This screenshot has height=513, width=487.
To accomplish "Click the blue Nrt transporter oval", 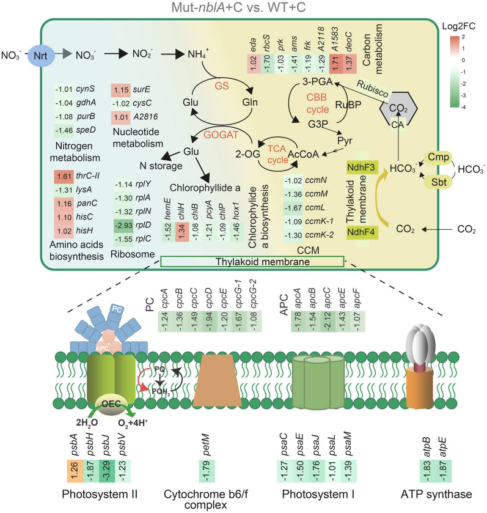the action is point(40,55).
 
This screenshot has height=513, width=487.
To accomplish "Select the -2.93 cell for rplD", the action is point(124,226).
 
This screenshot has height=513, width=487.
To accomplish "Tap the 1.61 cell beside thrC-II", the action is point(64,177).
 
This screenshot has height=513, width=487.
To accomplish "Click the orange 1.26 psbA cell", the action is point(75,471).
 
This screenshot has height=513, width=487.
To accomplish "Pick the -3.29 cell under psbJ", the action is point(106,471).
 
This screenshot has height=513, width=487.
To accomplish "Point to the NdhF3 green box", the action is point(361,168).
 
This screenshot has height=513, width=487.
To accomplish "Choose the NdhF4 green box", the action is point(361,232).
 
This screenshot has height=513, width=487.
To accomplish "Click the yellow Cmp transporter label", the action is point(438,157).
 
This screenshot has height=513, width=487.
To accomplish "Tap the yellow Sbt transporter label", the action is point(438,182).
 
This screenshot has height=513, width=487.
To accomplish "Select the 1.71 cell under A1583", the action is point(335,64).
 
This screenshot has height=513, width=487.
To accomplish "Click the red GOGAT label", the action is point(221,135).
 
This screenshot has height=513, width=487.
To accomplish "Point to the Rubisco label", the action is point(373,89).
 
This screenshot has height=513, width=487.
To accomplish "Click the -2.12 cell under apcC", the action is point(328,321).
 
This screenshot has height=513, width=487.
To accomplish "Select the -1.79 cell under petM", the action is point(207,471).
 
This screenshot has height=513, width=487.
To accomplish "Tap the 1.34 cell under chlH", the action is point(182,232).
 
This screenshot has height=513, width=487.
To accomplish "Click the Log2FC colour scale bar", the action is point(455,72).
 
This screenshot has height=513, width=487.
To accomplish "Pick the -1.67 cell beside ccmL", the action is point(293,208).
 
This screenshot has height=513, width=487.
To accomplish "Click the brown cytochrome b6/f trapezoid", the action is point(217,381).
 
